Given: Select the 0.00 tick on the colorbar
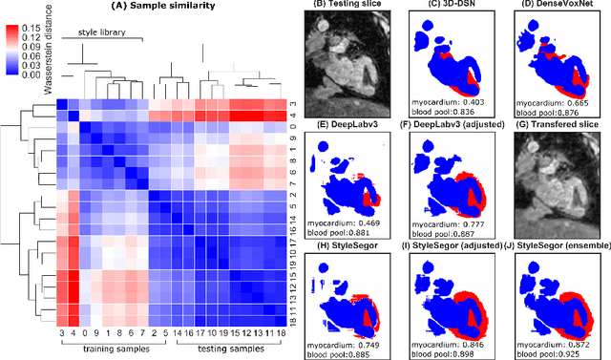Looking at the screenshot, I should click(41, 72).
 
